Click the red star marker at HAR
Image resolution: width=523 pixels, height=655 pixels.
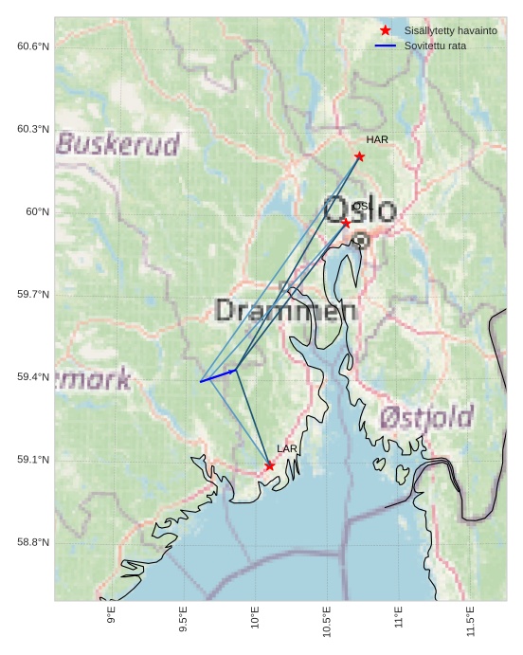[x=359, y=156]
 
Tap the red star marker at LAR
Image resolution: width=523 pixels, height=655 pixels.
[x=270, y=465]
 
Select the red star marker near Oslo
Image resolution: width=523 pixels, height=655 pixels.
[x=346, y=223]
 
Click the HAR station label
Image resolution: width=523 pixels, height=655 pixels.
[x=377, y=140]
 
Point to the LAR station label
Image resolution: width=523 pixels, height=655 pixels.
[x=287, y=448]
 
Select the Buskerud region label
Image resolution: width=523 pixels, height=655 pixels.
[x=117, y=144]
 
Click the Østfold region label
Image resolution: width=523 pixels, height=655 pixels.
[x=426, y=417]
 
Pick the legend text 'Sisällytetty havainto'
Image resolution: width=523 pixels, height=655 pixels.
[x=450, y=31]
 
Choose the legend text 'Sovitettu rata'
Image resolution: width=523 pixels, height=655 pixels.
[x=435, y=45]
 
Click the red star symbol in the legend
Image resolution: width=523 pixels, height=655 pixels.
[x=385, y=31]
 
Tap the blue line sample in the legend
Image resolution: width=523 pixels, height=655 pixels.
[x=385, y=45]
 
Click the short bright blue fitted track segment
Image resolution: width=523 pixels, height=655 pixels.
[x=218, y=376]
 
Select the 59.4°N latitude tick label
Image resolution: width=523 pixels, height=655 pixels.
[x=33, y=377]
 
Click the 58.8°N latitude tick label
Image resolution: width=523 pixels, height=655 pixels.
[x=33, y=542]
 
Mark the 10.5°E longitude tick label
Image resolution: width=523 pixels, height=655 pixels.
[x=327, y=620]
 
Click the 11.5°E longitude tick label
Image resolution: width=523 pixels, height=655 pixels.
[x=471, y=620]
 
